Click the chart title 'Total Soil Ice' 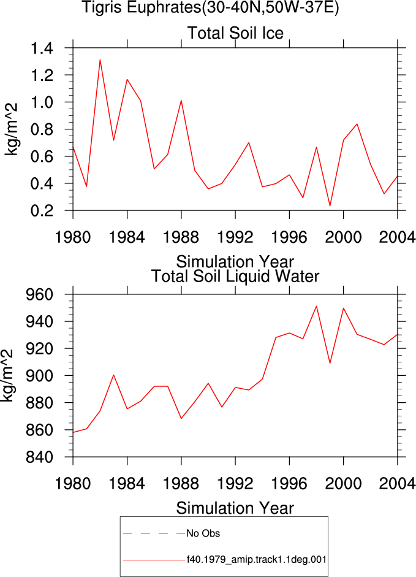pyautogui.click(x=235, y=33)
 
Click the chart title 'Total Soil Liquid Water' pyautogui.click(x=235, y=277)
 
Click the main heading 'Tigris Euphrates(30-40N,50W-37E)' pyautogui.click(x=210, y=7)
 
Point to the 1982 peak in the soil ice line pyautogui.click(x=100, y=59)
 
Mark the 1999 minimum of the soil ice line pyautogui.click(x=330, y=205)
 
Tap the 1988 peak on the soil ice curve pyautogui.click(x=181, y=101)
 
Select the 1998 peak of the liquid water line pyautogui.click(x=316, y=306)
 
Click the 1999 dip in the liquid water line pyautogui.click(x=330, y=363)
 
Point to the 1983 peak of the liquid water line pyautogui.click(x=114, y=375)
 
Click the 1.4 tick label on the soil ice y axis pyautogui.click(x=42, y=48)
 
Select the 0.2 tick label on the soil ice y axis pyautogui.click(x=42, y=210)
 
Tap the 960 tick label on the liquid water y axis pyautogui.click(x=39, y=295)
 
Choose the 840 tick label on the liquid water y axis pyautogui.click(x=39, y=457)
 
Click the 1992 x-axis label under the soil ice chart pyautogui.click(x=235, y=237)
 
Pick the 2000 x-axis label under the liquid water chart pyautogui.click(x=344, y=484)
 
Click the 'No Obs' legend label pyautogui.click(x=203, y=533)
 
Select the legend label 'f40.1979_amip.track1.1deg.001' pyautogui.click(x=256, y=560)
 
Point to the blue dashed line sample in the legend pyautogui.click(x=154, y=533)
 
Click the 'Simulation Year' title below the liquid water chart pyautogui.click(x=235, y=508)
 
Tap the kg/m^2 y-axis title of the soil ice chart pyautogui.click(x=11, y=129)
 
